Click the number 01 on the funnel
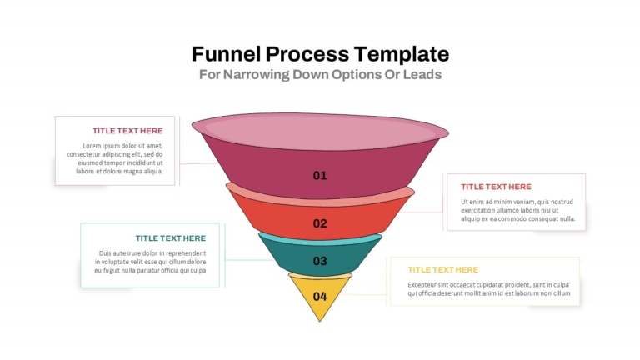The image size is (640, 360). (320, 176)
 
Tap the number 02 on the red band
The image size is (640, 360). (320, 223)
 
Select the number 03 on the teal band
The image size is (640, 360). (320, 261)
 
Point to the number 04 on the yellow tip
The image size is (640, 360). (320, 297)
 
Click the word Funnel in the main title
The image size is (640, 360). (226, 54)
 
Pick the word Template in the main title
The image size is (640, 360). (402, 55)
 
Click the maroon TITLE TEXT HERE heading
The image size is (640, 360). (127, 131)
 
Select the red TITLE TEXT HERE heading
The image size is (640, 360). (496, 187)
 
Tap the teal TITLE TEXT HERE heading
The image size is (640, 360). (171, 238)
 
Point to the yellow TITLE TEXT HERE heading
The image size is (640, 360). (442, 270)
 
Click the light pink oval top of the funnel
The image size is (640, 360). (320, 132)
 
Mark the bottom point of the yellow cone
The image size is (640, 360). (320, 321)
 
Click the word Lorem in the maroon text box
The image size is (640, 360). (92, 146)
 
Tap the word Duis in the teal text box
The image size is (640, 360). (105, 253)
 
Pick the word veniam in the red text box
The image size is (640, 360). (524, 202)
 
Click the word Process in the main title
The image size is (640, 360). (307, 54)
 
